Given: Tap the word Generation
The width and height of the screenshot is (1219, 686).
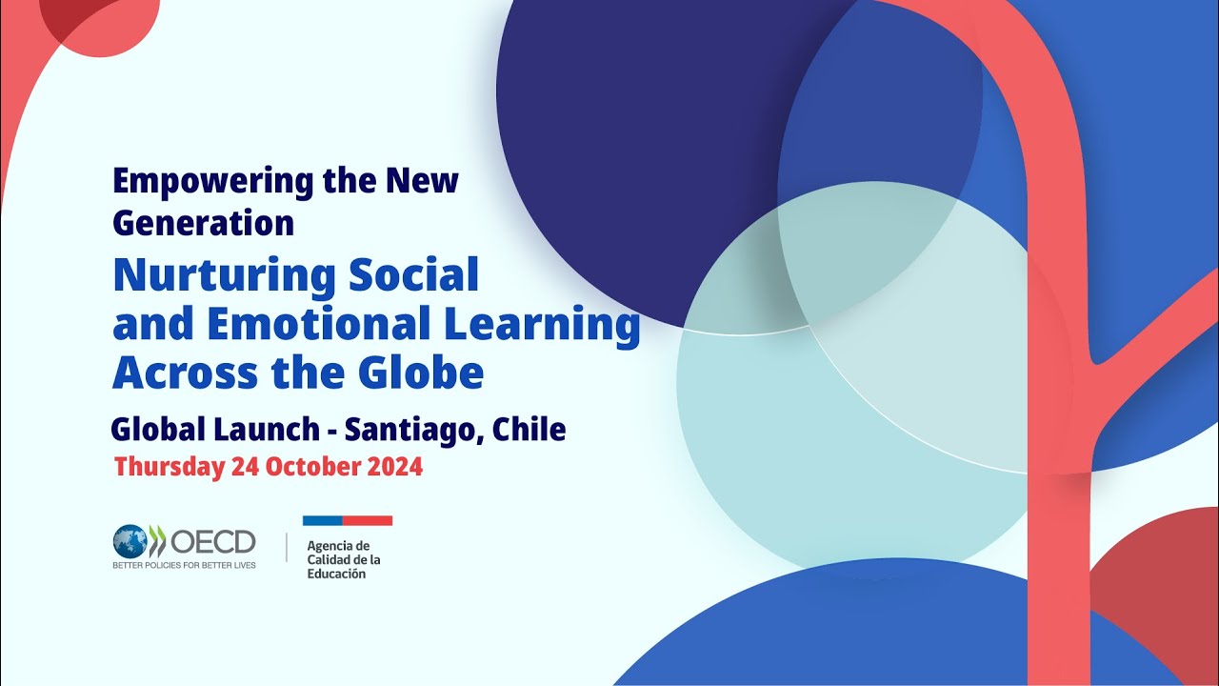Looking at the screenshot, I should (x=204, y=223).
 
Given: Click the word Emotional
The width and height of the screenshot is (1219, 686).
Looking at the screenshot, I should (x=304, y=325).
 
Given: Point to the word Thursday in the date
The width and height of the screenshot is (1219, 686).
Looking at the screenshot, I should (x=169, y=468).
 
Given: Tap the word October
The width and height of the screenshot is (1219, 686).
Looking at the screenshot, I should (x=310, y=468).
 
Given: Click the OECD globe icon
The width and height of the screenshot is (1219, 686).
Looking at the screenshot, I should (x=130, y=541).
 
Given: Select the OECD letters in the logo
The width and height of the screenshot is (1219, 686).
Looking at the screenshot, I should (x=213, y=541).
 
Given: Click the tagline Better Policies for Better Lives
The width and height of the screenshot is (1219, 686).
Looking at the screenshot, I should (x=184, y=565).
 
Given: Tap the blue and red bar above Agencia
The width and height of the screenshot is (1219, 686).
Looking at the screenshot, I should (x=348, y=520).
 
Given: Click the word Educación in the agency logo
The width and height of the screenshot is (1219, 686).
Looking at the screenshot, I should (x=336, y=574).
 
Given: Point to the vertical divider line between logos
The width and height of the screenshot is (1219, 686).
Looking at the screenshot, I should (x=287, y=547).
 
